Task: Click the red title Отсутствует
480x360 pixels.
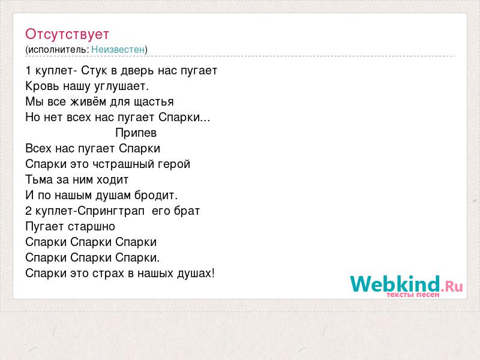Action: click(x=67, y=34)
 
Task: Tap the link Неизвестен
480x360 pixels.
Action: click(x=118, y=49)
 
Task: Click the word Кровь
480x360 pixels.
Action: click(x=42, y=86)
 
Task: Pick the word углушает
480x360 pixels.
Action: click(x=122, y=86)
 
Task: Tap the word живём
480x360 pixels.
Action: click(x=88, y=101)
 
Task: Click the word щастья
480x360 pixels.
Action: click(x=154, y=102)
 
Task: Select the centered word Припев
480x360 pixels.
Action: click(x=136, y=133)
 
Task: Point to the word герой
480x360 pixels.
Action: click(x=174, y=164)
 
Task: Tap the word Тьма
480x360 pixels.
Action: click(x=39, y=179)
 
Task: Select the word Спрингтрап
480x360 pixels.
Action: click(x=111, y=211)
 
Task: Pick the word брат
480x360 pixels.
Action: click(x=187, y=211)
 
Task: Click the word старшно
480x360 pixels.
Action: click(x=92, y=227)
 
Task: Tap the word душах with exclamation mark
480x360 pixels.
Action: click(x=196, y=273)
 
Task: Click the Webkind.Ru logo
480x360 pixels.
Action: click(x=406, y=284)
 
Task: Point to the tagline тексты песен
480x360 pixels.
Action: click(x=413, y=295)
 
